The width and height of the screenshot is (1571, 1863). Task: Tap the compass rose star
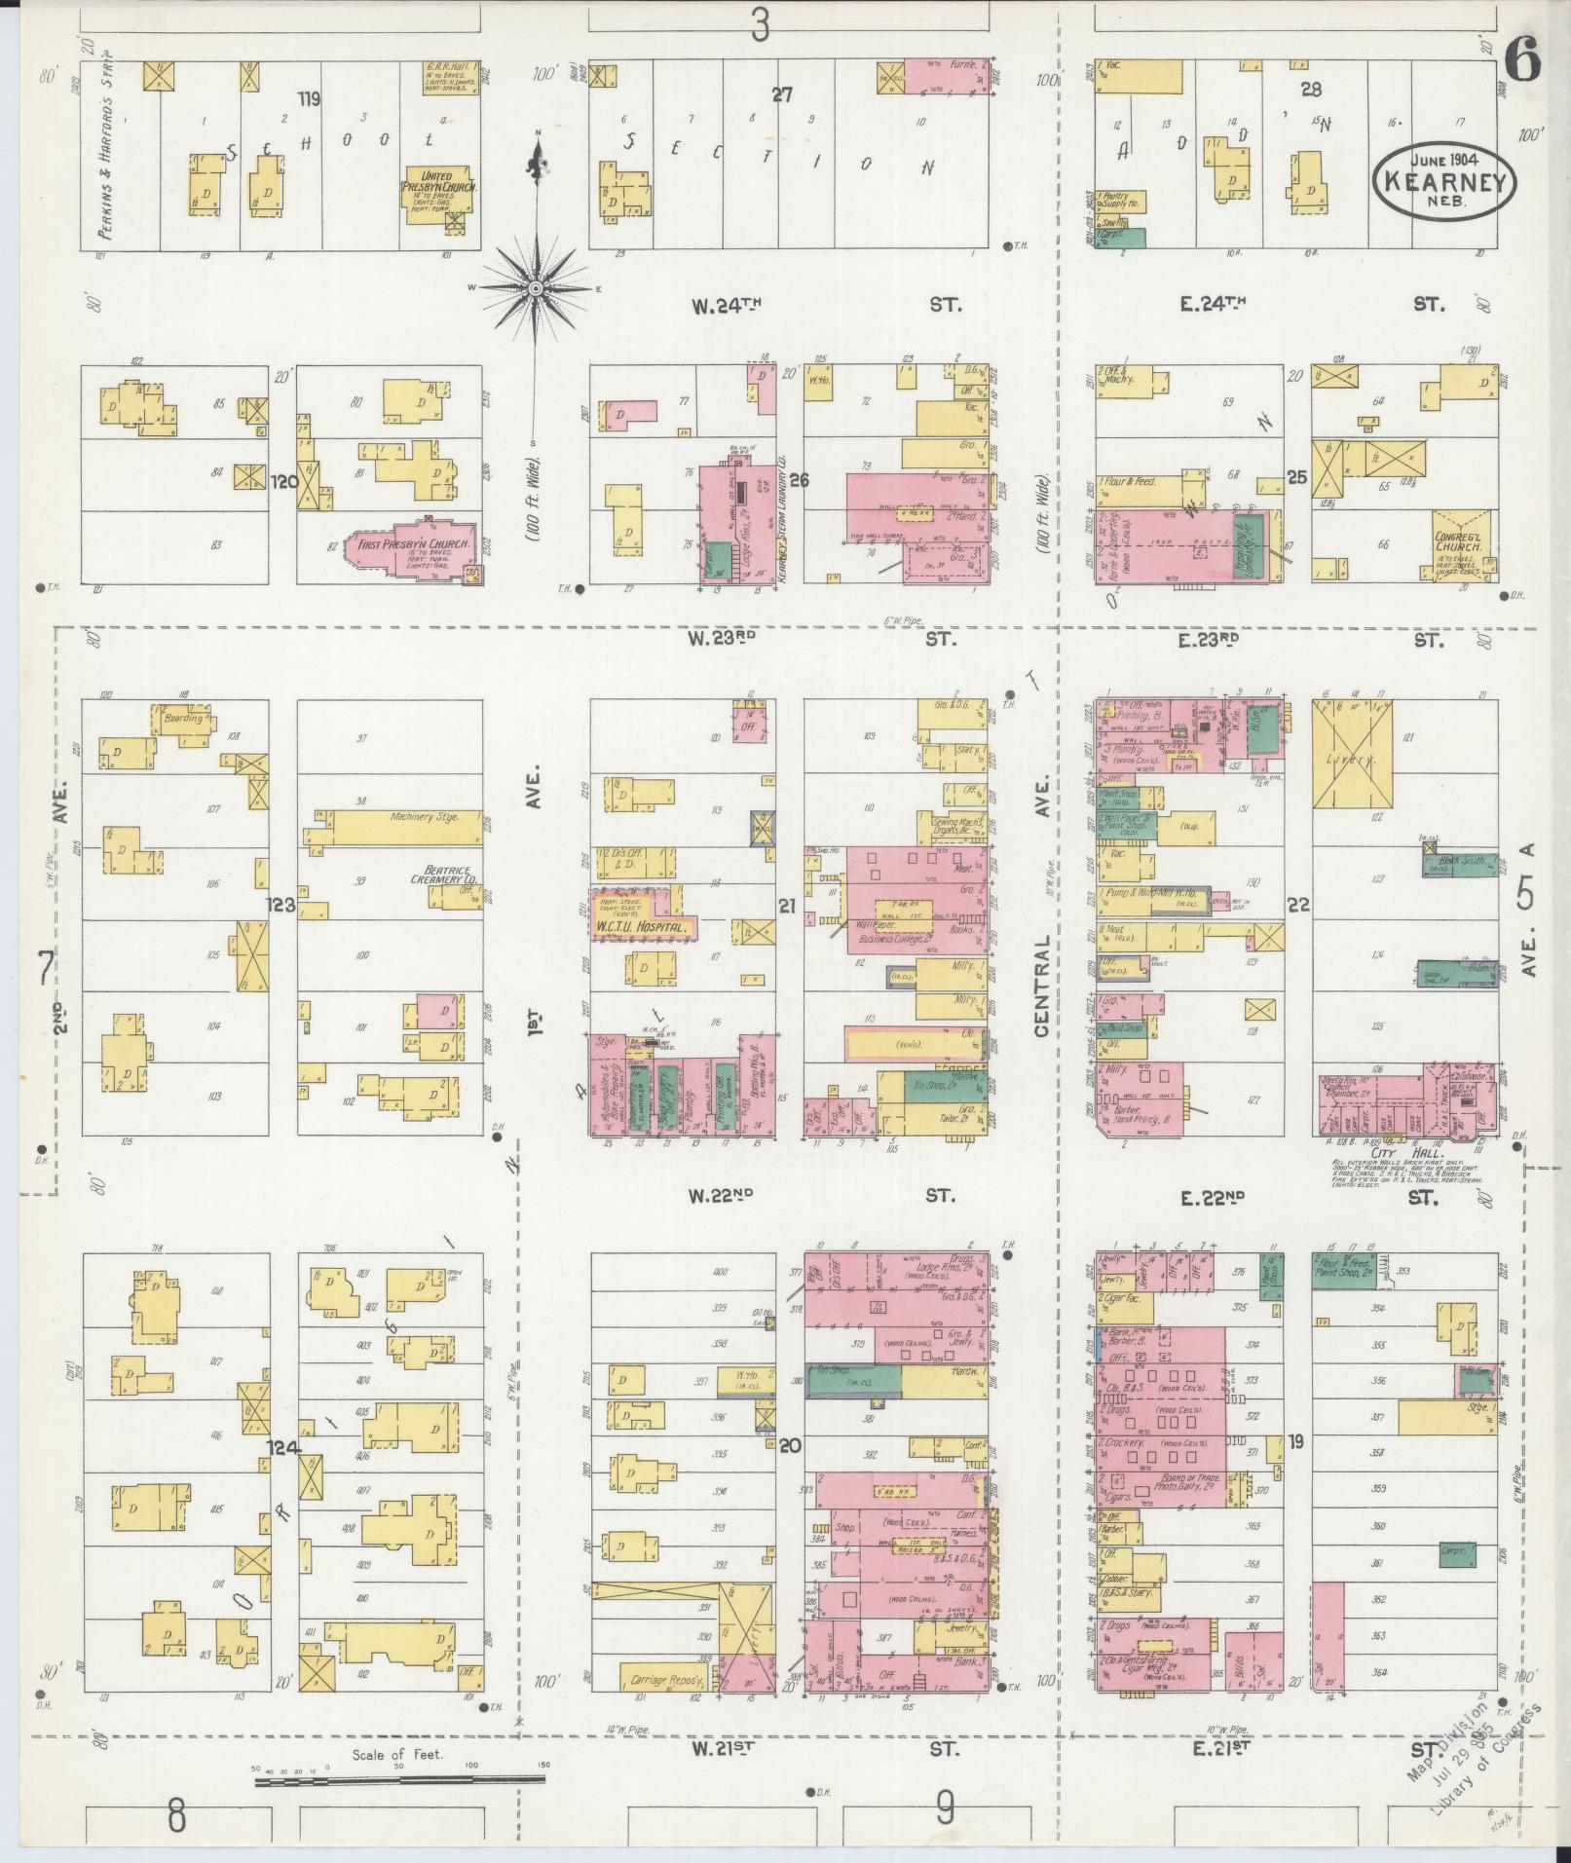(x=535, y=288)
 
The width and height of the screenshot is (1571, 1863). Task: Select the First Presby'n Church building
(x=409, y=549)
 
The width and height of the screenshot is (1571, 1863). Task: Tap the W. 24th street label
(x=725, y=306)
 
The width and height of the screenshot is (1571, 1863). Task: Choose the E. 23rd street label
(x=1208, y=640)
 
